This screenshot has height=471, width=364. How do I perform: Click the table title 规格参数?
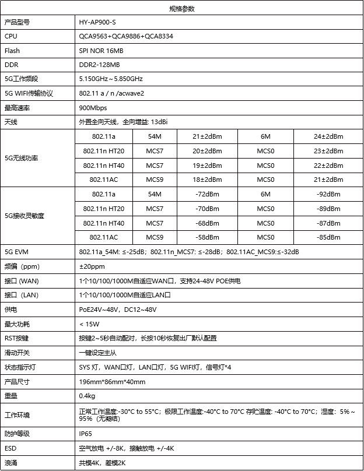point(181,8)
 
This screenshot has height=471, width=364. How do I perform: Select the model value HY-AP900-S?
point(97,22)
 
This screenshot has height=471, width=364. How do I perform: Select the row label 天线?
point(11,122)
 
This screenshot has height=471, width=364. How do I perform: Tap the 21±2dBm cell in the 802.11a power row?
point(207,136)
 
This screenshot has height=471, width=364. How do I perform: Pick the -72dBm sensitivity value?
point(207,194)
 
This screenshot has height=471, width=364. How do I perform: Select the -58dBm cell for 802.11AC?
point(207,237)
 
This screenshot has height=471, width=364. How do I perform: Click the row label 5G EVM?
point(16,252)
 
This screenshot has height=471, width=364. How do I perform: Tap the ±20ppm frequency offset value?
point(92,266)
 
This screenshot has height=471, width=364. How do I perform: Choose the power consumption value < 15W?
point(89,324)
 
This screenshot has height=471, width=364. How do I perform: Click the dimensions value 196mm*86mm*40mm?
point(112,382)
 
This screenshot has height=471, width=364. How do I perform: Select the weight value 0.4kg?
point(87,396)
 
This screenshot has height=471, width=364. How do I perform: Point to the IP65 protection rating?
point(85,434)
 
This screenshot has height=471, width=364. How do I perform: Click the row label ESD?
point(10,448)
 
